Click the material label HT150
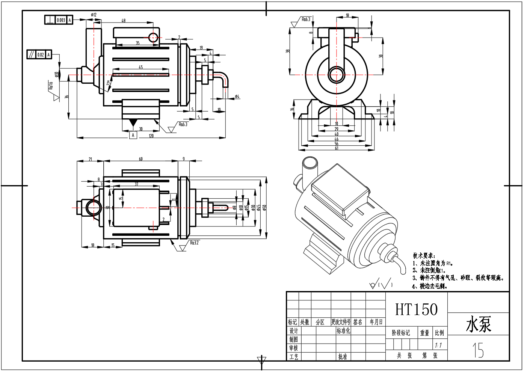(x=416, y=309)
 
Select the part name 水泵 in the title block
(x=479, y=324)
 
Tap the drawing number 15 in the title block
(x=478, y=350)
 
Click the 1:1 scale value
(x=438, y=345)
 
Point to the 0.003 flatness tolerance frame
(x=59, y=20)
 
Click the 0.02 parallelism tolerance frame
(x=39, y=55)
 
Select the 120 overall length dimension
(x=151, y=136)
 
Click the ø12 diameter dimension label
(x=94, y=15)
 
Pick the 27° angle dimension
(x=109, y=84)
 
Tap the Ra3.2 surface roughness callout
(x=194, y=243)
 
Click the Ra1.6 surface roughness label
(x=51, y=86)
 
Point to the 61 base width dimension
(x=337, y=148)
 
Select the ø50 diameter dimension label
(x=264, y=207)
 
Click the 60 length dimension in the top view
(x=141, y=159)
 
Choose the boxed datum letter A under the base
(x=133, y=135)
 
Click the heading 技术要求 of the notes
(x=424, y=256)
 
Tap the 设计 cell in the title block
(x=294, y=331)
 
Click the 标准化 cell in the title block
(x=343, y=331)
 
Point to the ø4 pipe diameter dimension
(x=237, y=97)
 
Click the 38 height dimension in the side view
(x=288, y=51)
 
